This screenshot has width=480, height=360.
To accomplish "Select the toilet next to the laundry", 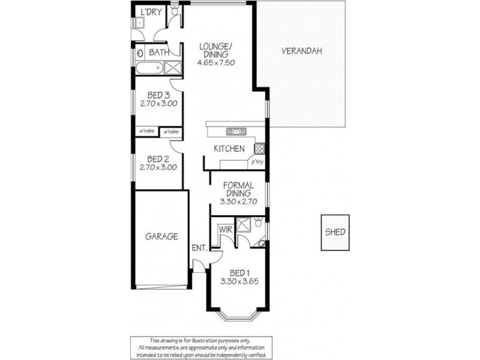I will coord(174,10).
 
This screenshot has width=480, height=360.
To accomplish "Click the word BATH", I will coord(158,52).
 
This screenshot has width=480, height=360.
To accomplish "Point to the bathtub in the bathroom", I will coord(148,67).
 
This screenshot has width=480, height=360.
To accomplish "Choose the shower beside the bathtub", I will coord(173,67).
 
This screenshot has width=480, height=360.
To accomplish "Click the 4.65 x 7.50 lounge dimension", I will coord(215,62).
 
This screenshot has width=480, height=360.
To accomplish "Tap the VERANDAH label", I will coord(302,51).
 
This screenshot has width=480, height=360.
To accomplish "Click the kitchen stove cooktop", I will coord(260,148).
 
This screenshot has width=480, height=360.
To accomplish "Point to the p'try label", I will coord(257,162).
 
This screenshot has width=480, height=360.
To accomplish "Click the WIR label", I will coord(226,229).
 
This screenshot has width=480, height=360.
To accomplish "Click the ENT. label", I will coord(199,248).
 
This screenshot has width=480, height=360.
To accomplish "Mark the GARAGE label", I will coord(161,236).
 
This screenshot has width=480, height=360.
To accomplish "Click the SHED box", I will coord(335,232).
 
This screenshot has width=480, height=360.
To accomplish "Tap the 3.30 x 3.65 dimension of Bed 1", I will coord(239,281).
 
